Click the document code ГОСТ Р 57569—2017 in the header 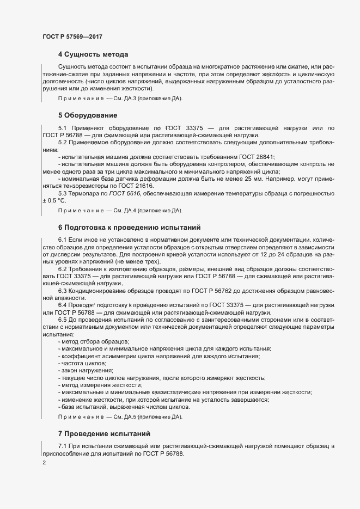pos(72,36)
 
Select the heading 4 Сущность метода pos(93,54)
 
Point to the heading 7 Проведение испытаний pos(103,434)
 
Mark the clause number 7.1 pos(62,446)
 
